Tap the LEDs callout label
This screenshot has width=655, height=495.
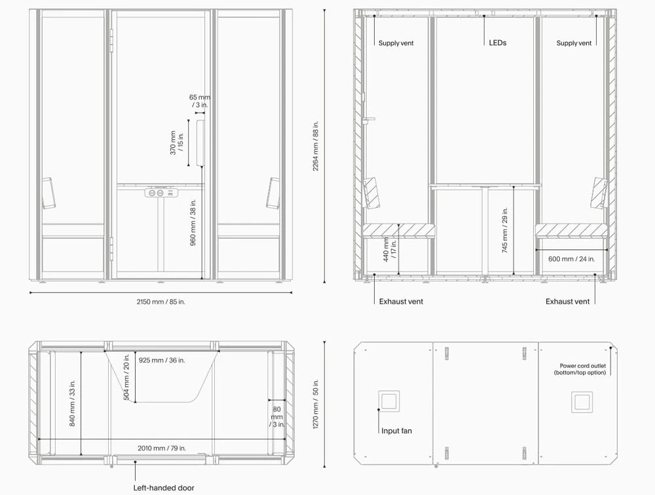click(x=497, y=43)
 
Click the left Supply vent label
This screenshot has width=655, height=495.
click(x=396, y=43)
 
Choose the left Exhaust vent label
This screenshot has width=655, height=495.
click(x=401, y=302)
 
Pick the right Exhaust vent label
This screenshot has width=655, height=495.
click(x=568, y=302)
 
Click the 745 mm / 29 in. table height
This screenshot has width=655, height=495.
click(x=505, y=229)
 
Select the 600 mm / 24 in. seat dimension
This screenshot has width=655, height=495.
click(x=571, y=259)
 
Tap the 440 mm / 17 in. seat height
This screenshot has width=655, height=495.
click(x=391, y=249)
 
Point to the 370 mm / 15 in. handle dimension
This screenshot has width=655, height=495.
click(x=178, y=142)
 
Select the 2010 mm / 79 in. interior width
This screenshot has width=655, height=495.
click(x=162, y=448)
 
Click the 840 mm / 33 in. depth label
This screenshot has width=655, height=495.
click(x=72, y=403)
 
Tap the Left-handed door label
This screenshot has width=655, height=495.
click(x=164, y=488)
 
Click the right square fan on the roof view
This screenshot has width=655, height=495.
click(x=581, y=401)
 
